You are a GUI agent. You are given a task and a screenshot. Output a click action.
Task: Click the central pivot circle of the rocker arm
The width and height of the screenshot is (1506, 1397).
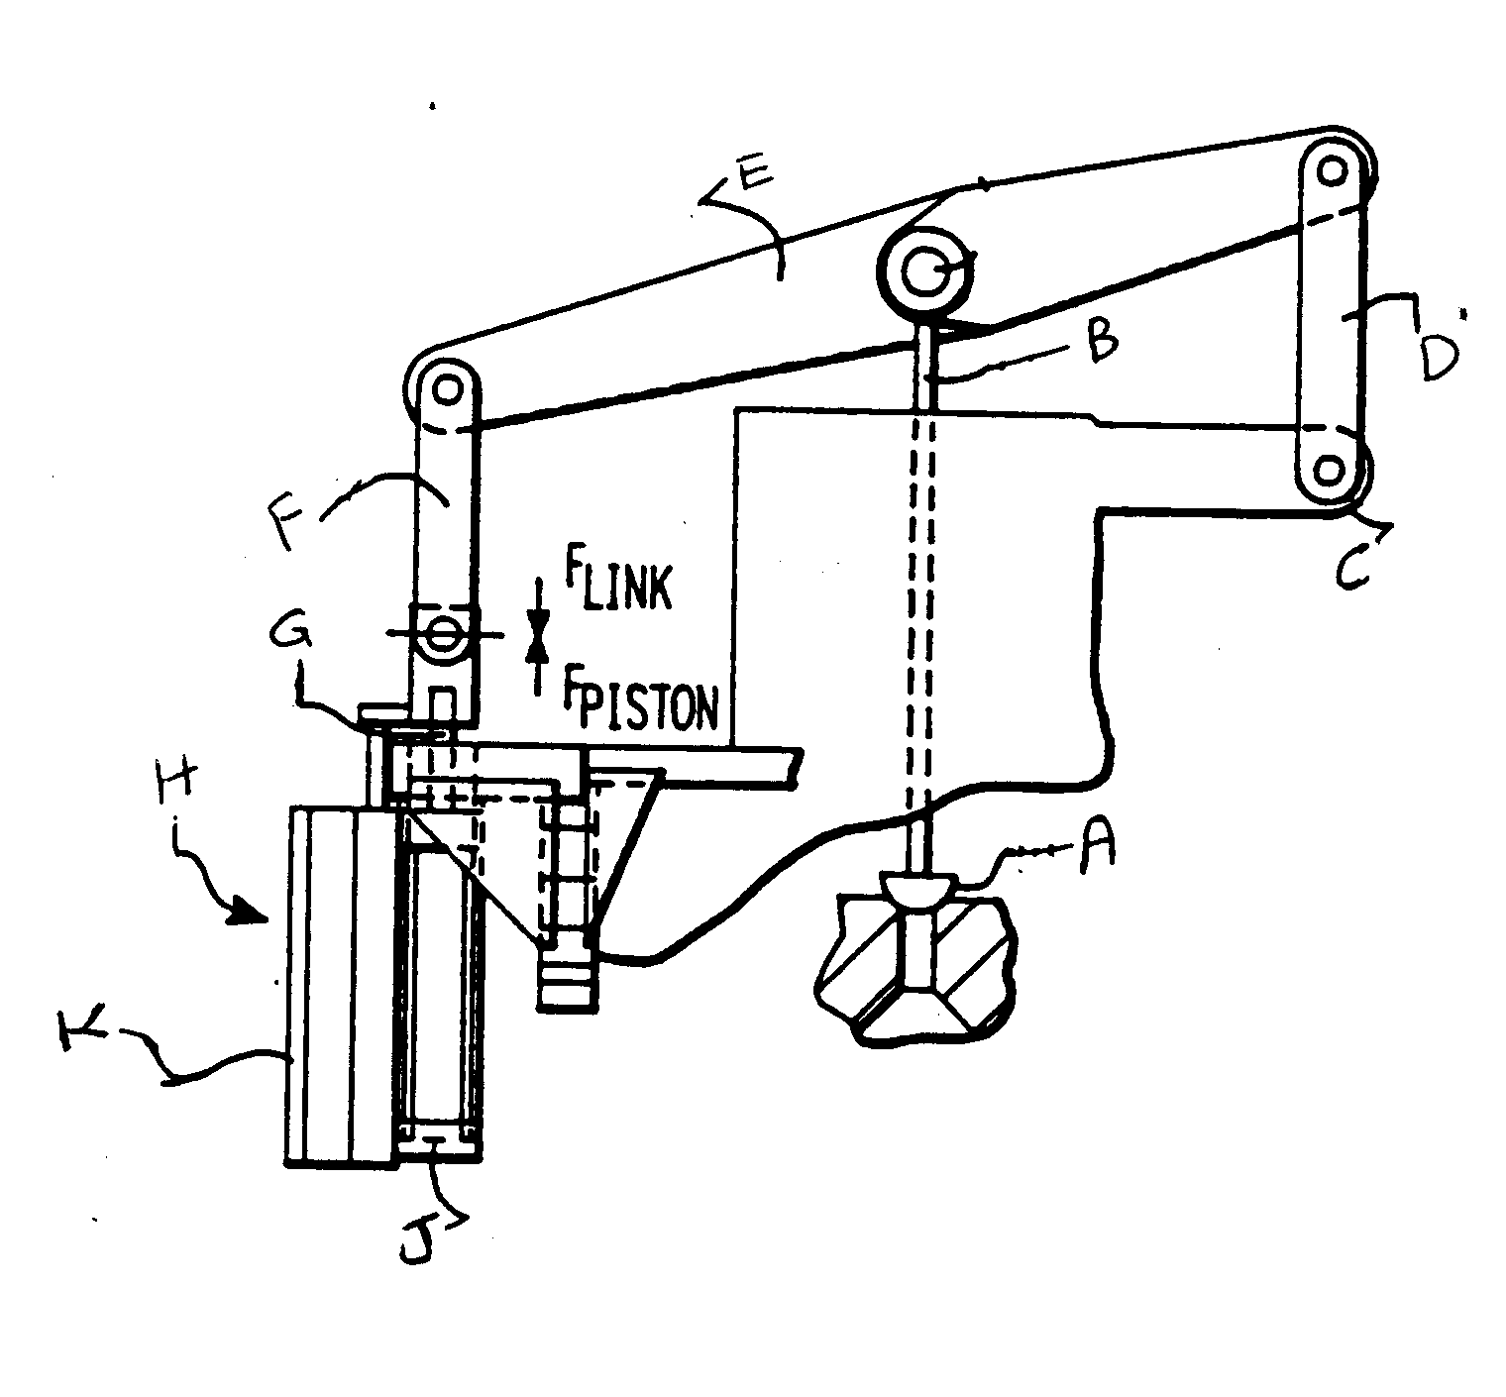click(x=925, y=269)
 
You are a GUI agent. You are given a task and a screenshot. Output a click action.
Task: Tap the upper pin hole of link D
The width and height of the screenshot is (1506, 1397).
click(x=1333, y=170)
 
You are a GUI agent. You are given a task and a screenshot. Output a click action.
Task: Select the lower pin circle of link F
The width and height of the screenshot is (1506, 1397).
click(x=442, y=631)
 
